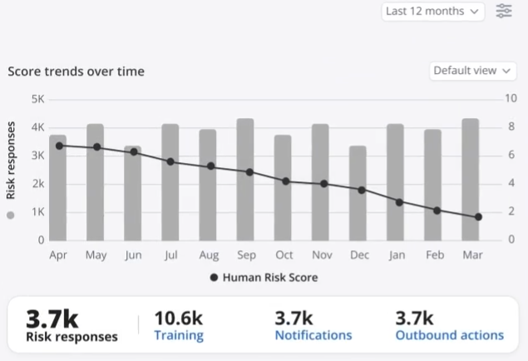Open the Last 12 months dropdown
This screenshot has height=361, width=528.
tap(433, 12)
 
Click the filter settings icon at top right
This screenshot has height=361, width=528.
tap(504, 12)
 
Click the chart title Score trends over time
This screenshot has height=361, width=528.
tap(76, 72)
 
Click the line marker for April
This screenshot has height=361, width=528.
tap(59, 146)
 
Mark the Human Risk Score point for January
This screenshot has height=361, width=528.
tap(399, 202)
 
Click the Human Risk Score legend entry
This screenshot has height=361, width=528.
tap(264, 278)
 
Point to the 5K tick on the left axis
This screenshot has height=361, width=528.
tap(36, 99)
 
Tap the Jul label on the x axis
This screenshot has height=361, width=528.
tap(170, 255)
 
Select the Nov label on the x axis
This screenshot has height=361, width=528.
tap(320, 255)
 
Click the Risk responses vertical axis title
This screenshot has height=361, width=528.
tap(11, 161)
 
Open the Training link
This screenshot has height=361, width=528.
tap(179, 336)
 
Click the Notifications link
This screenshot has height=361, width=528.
tap(313, 336)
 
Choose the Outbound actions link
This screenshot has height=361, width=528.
tap(449, 336)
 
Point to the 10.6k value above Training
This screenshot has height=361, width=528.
tap(178, 318)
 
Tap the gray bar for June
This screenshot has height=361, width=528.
tap(133, 193)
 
